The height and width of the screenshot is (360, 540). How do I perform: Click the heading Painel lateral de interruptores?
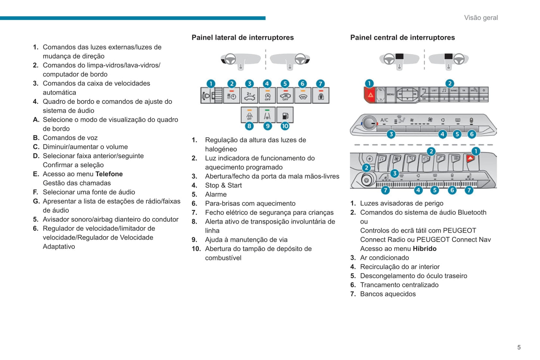[243, 37]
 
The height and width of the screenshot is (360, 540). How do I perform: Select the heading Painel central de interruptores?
[402, 37]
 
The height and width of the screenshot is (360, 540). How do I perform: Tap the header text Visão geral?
[481, 18]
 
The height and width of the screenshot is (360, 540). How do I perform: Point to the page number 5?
[519, 347]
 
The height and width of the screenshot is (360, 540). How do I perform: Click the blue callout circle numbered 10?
[285, 126]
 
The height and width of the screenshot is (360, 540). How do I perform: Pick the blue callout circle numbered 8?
[249, 126]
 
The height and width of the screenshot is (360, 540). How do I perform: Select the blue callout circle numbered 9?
[268, 126]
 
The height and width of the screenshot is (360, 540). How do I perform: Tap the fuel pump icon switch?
[285, 115]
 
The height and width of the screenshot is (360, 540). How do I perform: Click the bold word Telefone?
[109, 174]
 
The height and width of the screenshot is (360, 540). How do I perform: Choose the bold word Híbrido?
[425, 249]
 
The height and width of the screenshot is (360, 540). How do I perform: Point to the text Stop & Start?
[223, 185]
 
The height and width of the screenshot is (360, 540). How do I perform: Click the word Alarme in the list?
[216, 194]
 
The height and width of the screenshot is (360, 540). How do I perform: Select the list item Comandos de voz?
[70, 138]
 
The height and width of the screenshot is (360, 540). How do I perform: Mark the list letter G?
[36, 201]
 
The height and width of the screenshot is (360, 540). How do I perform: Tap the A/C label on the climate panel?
[384, 120]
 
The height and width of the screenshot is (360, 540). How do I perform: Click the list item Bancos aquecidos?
[388, 294]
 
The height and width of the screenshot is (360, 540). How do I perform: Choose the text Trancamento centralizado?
[399, 285]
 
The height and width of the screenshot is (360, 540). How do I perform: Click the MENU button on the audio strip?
[391, 94]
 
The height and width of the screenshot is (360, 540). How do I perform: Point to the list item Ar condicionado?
[384, 258]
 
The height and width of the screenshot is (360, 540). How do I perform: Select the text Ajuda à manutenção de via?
[246, 240]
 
